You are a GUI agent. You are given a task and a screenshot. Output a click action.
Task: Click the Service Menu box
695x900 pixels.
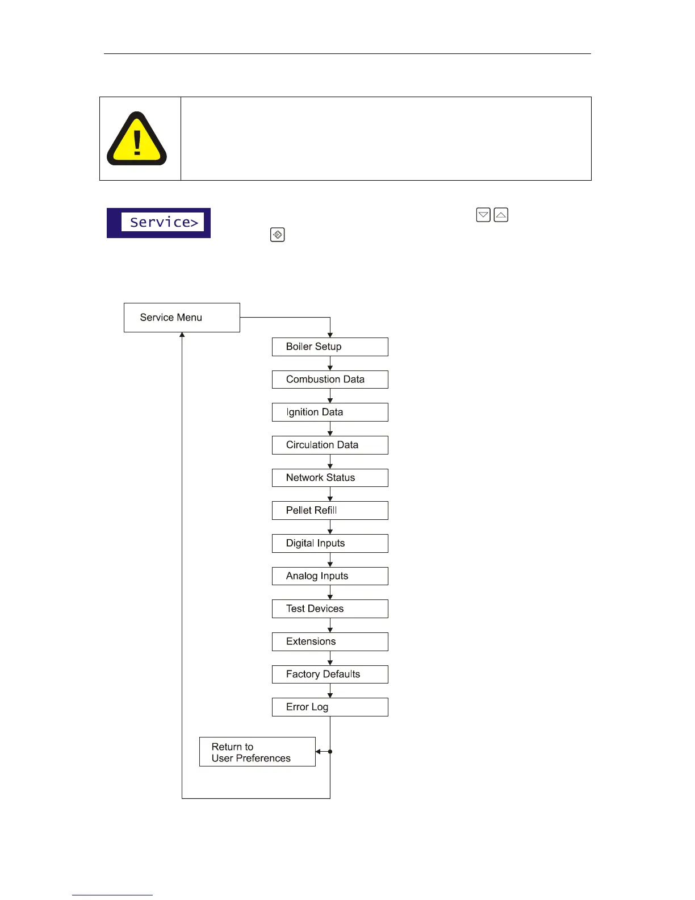[182, 318]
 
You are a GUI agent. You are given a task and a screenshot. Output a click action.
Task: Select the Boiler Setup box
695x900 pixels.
[330, 347]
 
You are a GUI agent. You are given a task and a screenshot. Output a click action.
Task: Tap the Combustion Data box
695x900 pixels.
[330, 380]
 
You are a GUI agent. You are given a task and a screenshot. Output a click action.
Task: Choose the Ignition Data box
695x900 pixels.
[330, 412]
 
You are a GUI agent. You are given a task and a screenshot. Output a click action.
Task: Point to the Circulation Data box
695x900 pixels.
[330, 445]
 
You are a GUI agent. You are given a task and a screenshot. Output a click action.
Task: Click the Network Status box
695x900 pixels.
[330, 478]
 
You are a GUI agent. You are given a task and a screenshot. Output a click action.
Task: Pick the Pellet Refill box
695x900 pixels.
[330, 510]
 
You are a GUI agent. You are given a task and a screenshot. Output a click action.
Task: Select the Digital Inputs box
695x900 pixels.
[330, 543]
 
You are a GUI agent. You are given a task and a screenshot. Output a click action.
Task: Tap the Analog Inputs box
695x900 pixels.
[330, 576]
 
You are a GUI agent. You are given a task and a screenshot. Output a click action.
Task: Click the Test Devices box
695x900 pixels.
[330, 609]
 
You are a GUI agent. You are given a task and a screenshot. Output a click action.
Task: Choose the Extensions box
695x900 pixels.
[330, 641]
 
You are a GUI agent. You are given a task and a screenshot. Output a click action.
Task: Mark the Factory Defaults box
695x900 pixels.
[330, 674]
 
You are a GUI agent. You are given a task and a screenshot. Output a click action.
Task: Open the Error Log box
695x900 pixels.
[330, 707]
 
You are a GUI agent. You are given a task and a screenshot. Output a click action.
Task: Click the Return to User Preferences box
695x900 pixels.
[257, 752]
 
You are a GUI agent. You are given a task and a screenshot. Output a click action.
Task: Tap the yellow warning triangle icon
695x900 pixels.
[137, 140]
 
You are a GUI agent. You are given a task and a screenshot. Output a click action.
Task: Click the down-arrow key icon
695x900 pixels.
[483, 215]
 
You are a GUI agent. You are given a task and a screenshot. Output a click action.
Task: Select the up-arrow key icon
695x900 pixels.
[501, 215]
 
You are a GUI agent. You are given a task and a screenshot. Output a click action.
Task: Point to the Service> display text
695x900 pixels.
[163, 222]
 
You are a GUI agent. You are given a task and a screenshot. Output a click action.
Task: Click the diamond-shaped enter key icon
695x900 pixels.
[278, 235]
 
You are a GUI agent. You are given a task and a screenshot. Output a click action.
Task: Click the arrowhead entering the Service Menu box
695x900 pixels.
[182, 335]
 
